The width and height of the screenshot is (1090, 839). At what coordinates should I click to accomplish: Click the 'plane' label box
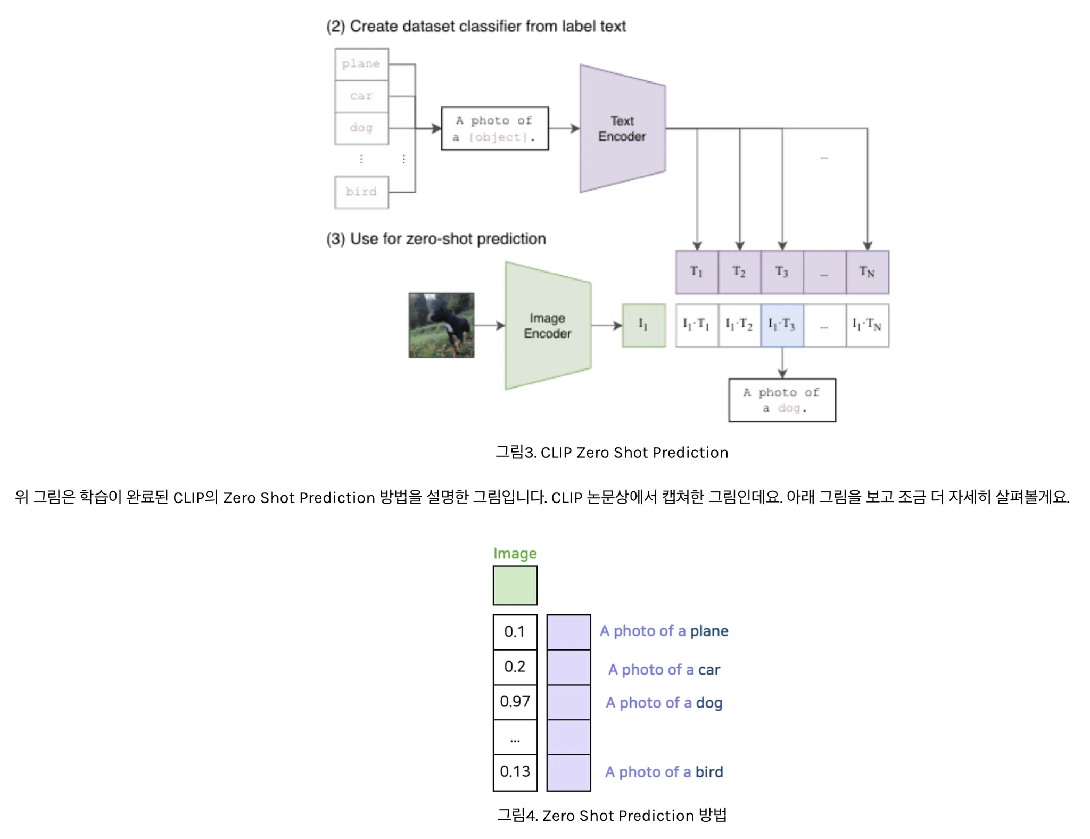[x=361, y=64]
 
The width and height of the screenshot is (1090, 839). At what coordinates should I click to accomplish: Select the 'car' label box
[x=361, y=96]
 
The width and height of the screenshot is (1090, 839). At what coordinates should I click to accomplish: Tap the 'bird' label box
[x=361, y=192]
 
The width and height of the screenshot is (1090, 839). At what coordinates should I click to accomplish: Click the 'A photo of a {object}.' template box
[x=494, y=128]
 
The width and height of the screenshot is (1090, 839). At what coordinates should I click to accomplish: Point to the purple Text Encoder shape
[x=622, y=128]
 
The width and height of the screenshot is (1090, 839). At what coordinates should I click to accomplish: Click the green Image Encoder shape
[x=547, y=325]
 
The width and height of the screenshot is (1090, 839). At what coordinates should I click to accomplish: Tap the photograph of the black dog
[x=441, y=325]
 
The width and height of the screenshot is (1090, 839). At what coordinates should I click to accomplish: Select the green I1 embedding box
[x=643, y=325]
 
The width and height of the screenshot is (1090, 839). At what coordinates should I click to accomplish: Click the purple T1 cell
[x=697, y=272]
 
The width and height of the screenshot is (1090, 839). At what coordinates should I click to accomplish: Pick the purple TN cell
[x=867, y=272]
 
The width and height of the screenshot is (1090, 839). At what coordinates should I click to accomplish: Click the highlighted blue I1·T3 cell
[x=782, y=325]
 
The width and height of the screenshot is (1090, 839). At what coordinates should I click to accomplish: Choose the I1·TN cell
[x=867, y=325]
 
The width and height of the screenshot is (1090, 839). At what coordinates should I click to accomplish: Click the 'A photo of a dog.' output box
[x=782, y=400]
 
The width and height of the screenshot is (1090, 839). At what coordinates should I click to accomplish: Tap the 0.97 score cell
[x=515, y=702]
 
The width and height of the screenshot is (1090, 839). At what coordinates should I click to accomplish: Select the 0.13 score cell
[x=515, y=772]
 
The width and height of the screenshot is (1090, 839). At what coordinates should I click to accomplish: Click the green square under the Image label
[x=515, y=585]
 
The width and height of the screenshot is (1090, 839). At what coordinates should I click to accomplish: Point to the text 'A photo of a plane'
[x=664, y=631]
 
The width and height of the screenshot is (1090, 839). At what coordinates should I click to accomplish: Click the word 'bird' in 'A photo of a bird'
[x=709, y=772]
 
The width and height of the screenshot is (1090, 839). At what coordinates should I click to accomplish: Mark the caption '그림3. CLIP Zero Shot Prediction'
[x=612, y=453]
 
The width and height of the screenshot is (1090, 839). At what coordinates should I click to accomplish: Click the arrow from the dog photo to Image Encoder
[x=489, y=325]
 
